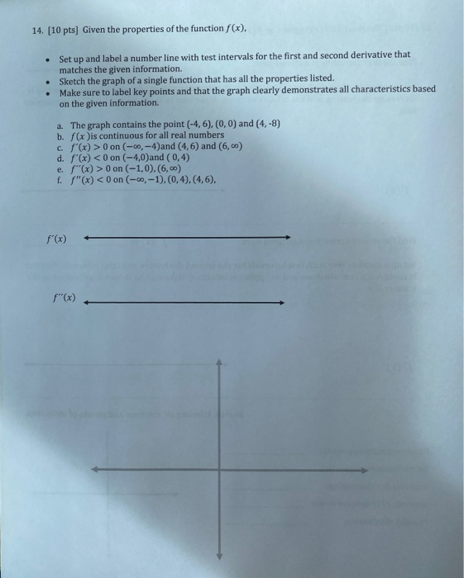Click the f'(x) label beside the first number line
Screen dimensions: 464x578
pos(55,239)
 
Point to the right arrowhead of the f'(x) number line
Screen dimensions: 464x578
pos(288,239)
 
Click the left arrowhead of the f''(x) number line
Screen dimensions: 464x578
pos(88,302)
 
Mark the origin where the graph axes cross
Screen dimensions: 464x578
pos(219,470)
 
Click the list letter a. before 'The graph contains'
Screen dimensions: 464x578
pos(60,123)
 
